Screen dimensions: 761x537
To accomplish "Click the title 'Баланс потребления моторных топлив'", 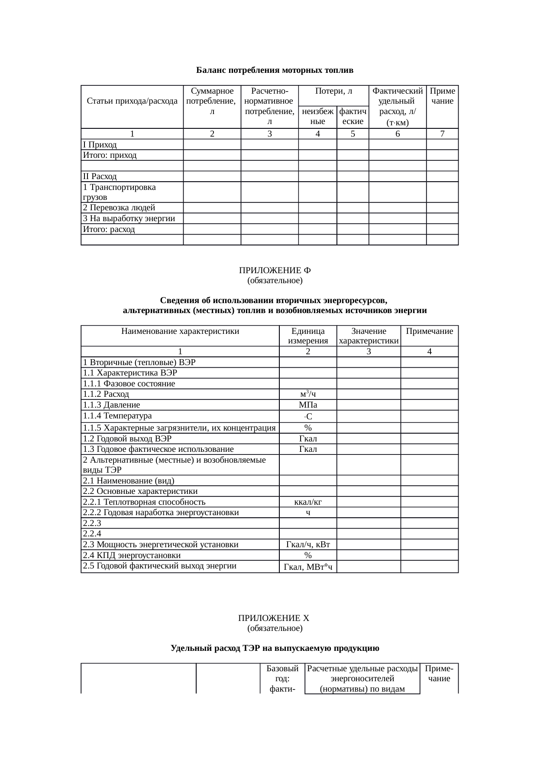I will [275, 70].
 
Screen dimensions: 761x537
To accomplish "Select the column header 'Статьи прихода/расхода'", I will [132, 101].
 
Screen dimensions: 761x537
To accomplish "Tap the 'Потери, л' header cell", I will [333, 91].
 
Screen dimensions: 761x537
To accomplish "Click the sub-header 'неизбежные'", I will [317, 116].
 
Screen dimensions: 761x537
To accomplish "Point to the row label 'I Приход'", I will [100, 144].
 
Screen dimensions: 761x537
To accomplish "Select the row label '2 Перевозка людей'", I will [119, 208].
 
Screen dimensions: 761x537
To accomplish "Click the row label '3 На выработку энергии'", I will [129, 219].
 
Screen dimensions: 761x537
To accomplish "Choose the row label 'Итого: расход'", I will [109, 229].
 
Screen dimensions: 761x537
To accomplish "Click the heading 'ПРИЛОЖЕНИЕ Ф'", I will [275, 270].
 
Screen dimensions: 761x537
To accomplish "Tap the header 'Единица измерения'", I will [307, 336].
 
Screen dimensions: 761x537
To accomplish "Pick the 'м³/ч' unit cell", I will [307, 394].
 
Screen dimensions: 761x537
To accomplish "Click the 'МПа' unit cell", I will [307, 405].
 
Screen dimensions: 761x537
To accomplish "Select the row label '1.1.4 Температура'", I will [117, 416].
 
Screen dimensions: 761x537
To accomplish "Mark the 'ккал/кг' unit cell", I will [307, 502].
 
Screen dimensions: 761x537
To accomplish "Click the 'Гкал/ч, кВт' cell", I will [307, 545].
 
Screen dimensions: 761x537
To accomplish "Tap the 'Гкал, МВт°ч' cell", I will [307, 567].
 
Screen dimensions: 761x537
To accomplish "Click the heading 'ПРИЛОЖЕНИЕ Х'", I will [274, 618].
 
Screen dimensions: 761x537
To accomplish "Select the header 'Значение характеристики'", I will [369, 336].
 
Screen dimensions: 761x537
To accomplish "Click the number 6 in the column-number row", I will [397, 134].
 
